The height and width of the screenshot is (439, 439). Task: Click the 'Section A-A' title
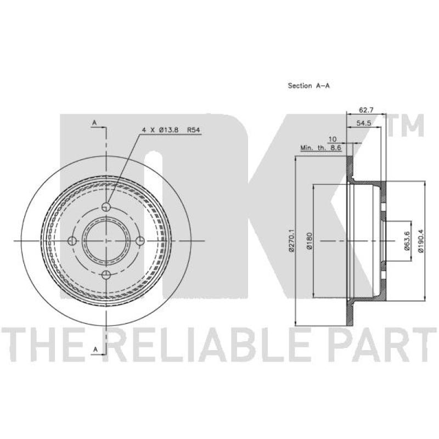308,86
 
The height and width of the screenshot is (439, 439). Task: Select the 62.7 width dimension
366,110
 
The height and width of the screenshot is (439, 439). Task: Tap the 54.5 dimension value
364,123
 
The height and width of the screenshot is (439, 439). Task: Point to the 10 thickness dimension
333,139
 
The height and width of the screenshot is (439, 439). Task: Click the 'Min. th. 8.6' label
321,148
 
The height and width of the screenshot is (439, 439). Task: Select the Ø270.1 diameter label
292,240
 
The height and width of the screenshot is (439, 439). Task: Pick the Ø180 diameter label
309,241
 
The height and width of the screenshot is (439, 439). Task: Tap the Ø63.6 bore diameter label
407,240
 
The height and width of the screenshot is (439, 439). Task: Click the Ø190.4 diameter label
420,241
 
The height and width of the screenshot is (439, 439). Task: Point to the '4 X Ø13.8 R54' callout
171,130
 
